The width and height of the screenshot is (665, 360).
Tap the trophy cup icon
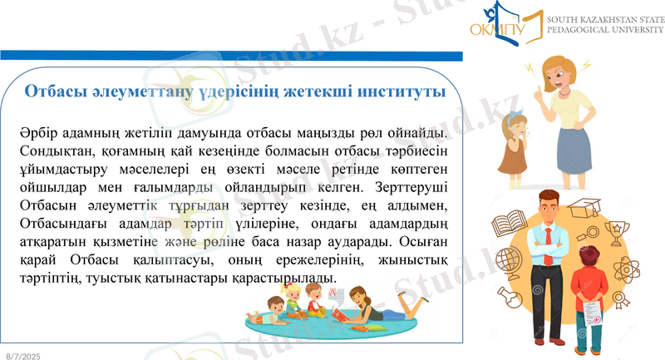(x=616, y=229)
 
